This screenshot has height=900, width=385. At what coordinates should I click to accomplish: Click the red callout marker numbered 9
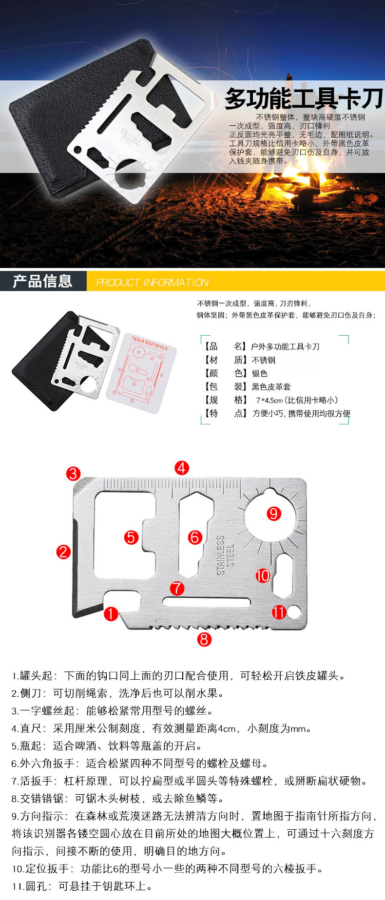tap(273, 513)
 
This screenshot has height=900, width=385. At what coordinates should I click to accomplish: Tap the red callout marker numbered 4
tap(182, 468)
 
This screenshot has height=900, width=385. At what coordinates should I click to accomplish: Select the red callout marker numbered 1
tap(111, 613)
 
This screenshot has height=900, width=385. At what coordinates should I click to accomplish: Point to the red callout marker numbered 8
tap(204, 639)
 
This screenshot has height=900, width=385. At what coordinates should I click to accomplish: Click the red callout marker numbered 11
tap(279, 612)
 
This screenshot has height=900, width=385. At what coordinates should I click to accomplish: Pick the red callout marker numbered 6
tap(195, 537)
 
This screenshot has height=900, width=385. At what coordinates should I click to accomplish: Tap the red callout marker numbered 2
tap(63, 552)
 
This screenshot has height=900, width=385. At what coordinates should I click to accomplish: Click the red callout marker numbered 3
tap(74, 473)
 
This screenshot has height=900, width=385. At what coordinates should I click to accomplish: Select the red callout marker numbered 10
tap(263, 575)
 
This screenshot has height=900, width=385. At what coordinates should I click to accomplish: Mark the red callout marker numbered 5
tap(132, 537)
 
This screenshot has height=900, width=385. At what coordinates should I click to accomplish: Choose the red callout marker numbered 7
tap(177, 588)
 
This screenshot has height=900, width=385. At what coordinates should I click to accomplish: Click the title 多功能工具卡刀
tap(304, 99)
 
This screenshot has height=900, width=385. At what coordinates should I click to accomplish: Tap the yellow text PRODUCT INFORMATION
tap(152, 283)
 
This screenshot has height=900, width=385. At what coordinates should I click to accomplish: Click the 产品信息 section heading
tap(43, 281)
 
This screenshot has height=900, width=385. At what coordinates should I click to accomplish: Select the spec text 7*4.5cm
tap(269, 400)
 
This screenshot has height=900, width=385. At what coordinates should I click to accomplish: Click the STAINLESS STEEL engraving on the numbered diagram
tap(225, 555)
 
